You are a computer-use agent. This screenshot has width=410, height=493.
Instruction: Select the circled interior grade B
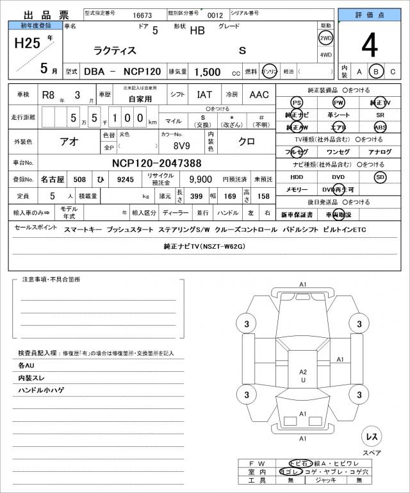[377, 71]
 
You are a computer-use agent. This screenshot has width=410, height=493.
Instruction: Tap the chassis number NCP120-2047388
[156, 163]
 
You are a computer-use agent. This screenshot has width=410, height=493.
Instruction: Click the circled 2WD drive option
[325, 38]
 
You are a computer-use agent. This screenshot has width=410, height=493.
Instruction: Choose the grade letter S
[242, 50]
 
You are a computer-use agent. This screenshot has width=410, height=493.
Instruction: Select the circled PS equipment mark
[296, 103]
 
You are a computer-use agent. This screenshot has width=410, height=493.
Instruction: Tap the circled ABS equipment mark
[381, 127]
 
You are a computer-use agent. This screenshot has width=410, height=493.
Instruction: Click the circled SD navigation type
[381, 177]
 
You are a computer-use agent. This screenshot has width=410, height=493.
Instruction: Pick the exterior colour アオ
[69, 142]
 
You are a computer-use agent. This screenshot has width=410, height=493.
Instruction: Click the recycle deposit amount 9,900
[201, 180]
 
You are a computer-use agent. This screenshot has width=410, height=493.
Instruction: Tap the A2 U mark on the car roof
[303, 376]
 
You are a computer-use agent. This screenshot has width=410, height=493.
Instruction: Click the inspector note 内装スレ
[33, 378]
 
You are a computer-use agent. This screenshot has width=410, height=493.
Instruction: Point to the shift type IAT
[204, 95]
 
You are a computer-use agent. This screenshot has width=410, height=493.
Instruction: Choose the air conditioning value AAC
[259, 95]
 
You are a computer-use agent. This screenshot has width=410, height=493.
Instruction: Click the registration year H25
[27, 44]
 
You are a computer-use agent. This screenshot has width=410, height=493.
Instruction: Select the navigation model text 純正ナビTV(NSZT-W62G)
[205, 246]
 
